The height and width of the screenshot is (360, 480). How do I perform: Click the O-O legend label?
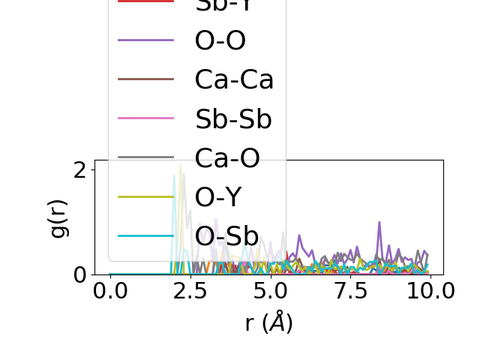point(220,40)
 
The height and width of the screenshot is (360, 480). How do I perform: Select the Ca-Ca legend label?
point(234,79)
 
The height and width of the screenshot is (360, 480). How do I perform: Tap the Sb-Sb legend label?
point(232,118)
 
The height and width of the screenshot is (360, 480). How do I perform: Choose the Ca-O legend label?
point(227,157)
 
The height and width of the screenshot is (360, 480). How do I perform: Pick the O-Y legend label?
point(218,196)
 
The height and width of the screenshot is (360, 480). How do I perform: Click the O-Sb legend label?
point(226,235)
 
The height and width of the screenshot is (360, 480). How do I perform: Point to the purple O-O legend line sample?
point(146,40)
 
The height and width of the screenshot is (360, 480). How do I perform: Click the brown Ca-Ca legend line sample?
point(146,79)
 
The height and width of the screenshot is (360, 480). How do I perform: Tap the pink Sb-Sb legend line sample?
point(146,118)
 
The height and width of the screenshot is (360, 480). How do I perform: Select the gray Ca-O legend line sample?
point(146,157)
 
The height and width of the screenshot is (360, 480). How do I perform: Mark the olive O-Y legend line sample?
point(146,196)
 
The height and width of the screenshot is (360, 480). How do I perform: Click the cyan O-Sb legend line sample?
point(146,235)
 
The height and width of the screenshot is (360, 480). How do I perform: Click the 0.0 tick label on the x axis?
point(110,291)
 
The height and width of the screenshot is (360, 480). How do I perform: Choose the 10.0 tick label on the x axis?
point(425,291)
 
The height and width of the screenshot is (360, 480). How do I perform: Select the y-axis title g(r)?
point(58,217)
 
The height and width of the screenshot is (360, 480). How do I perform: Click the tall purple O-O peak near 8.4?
point(379,223)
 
